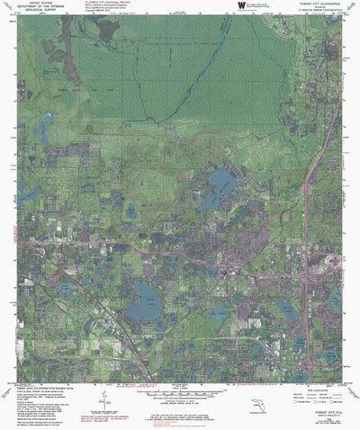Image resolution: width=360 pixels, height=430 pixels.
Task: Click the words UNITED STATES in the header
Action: [x=35, y=4]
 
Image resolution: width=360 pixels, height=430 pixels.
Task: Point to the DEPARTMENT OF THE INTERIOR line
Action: [x=35, y=8]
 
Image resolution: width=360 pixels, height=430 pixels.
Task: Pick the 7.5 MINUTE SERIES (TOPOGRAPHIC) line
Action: [x=317, y=12]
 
